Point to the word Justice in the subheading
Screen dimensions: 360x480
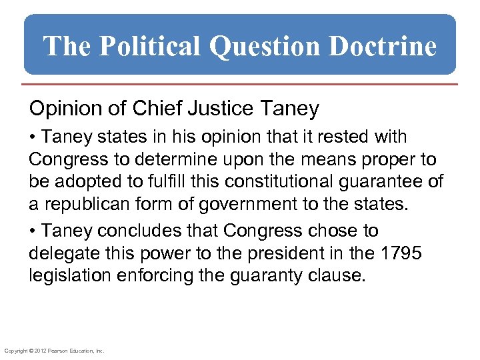[x=209, y=108]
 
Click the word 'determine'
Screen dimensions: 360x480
[x=175, y=160]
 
